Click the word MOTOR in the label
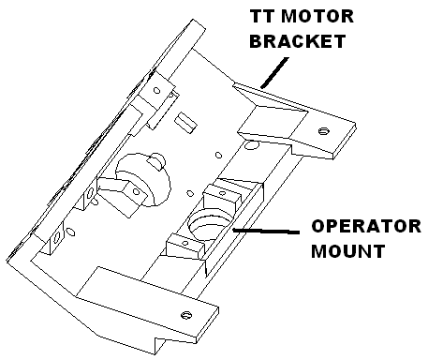point(317,16)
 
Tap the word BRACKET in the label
point(298,41)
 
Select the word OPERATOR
point(366,226)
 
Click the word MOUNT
point(348,251)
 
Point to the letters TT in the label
point(262,16)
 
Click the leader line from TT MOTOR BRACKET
point(274,72)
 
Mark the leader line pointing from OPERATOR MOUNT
point(266,232)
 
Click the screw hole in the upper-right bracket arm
point(324,130)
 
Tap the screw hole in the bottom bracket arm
point(186,315)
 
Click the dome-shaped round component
point(143,180)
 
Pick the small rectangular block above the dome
point(185,123)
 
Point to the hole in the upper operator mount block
point(222,193)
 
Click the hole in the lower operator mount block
point(185,243)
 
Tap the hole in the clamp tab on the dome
point(136,191)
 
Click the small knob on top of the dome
point(155,161)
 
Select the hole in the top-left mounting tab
point(156,91)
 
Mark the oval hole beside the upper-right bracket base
point(251,144)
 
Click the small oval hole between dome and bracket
point(219,155)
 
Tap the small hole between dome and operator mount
point(190,193)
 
